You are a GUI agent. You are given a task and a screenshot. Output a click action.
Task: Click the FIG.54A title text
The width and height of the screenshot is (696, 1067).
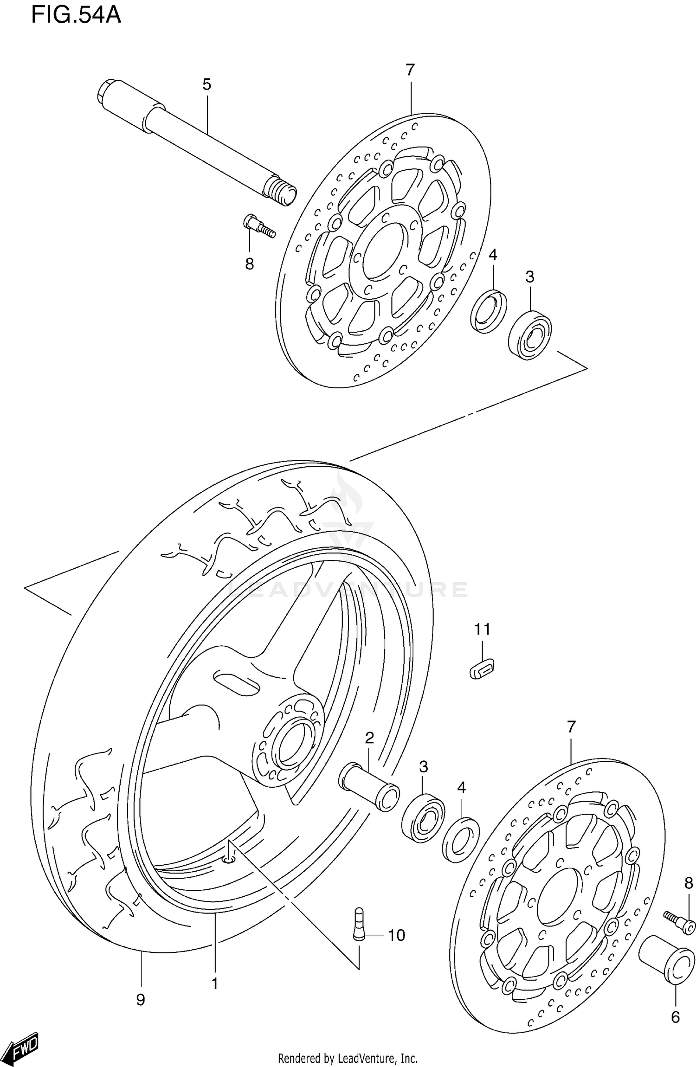pos(76,15)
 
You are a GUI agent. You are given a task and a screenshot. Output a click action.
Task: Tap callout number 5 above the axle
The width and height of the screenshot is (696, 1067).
pos(206,84)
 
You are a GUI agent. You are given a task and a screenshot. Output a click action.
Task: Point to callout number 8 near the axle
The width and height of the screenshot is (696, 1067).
pos(250,264)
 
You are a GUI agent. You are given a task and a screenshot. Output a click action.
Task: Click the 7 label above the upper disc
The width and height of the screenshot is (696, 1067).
pos(410,70)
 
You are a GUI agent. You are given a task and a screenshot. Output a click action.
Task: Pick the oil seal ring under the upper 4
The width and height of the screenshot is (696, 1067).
pos(488,311)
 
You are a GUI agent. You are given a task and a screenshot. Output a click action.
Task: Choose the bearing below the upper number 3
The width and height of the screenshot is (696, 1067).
pos(530,335)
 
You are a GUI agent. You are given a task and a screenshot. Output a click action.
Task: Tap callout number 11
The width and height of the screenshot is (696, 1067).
pos(482,630)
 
